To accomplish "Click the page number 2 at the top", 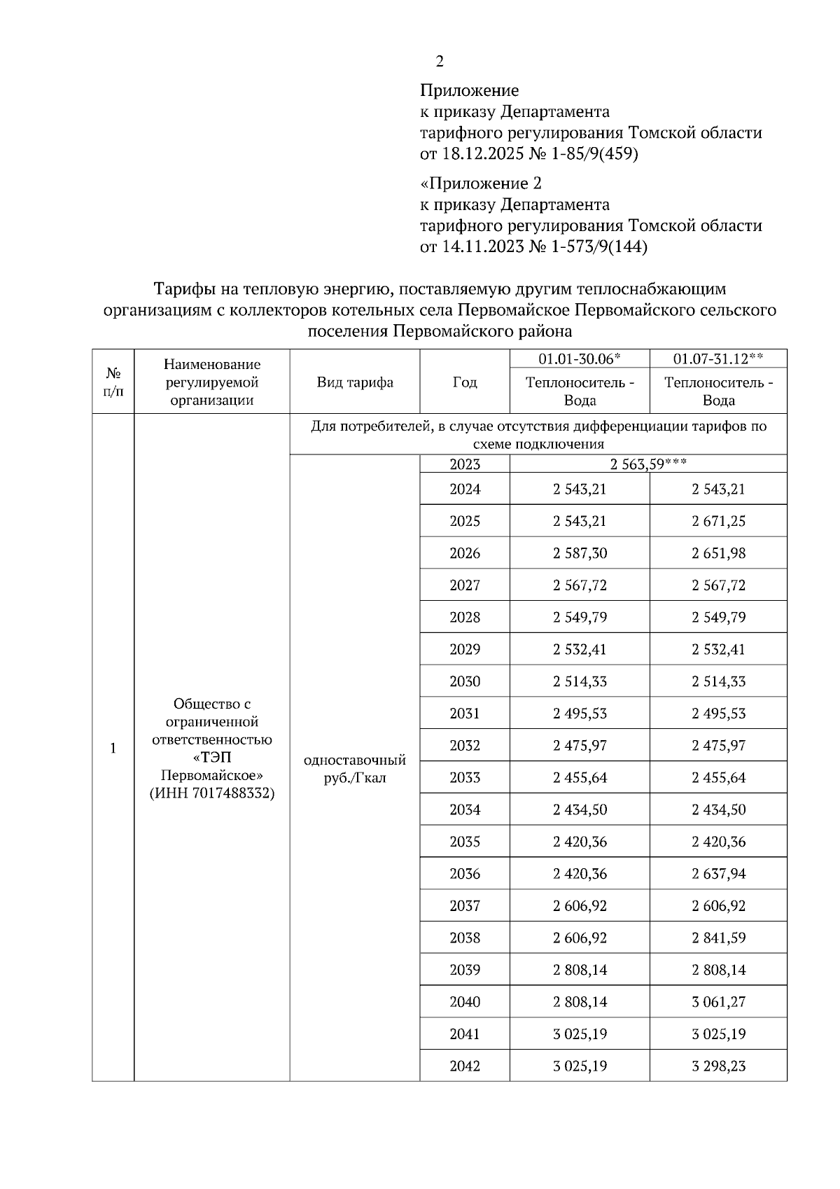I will [439, 62].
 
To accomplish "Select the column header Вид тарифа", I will [355, 382].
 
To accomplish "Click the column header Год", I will [465, 382].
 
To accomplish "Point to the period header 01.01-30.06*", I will [580, 359].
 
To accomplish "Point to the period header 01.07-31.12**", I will [718, 359].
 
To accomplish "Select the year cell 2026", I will [465, 553].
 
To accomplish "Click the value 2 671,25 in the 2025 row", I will [718, 521].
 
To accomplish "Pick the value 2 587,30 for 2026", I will [580, 553].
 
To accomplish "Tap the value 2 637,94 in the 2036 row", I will [718, 874].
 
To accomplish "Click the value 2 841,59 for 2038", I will [718, 938].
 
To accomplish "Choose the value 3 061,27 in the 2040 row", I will [718, 1002].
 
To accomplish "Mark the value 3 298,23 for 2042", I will [718, 1066].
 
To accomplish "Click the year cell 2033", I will [465, 778].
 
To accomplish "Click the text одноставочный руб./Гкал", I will [355, 769].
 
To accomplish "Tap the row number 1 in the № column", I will [113, 749].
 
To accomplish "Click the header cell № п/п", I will [113, 382].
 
